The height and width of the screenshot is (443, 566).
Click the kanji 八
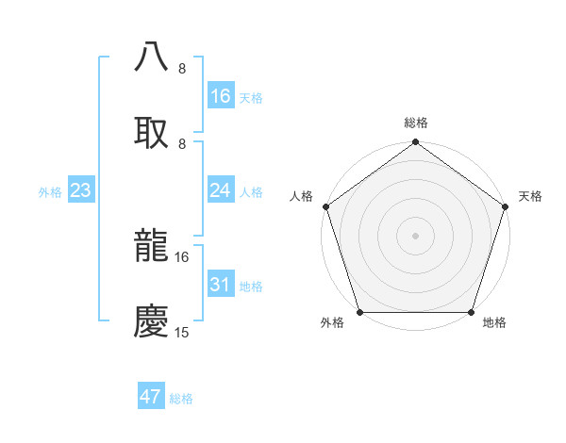pyautogui.click(x=152, y=56)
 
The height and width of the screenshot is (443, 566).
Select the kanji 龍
pyautogui.click(x=152, y=245)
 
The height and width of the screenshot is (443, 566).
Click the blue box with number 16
pyautogui.click(x=221, y=96)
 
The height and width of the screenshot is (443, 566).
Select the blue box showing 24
pyautogui.click(x=221, y=190)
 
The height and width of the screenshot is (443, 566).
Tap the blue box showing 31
pyautogui.click(x=221, y=285)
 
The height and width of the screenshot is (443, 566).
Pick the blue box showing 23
pyautogui.click(x=80, y=190)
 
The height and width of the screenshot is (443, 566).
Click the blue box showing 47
pyautogui.click(x=151, y=397)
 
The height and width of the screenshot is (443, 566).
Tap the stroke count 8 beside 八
pyautogui.click(x=182, y=69)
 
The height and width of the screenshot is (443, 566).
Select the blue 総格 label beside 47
pyautogui.click(x=181, y=399)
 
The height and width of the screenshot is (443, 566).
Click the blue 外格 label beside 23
pyautogui.click(x=50, y=192)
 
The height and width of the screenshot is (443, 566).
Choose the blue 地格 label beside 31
pyautogui.click(x=251, y=287)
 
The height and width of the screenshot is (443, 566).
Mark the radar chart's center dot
pyautogui.click(x=415, y=235)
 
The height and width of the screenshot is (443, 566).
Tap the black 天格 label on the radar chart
pyautogui.click(x=530, y=196)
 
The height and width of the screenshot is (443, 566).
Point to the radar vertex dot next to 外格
pyautogui.click(x=359, y=311)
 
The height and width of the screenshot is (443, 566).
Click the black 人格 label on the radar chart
pyautogui.click(x=301, y=196)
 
